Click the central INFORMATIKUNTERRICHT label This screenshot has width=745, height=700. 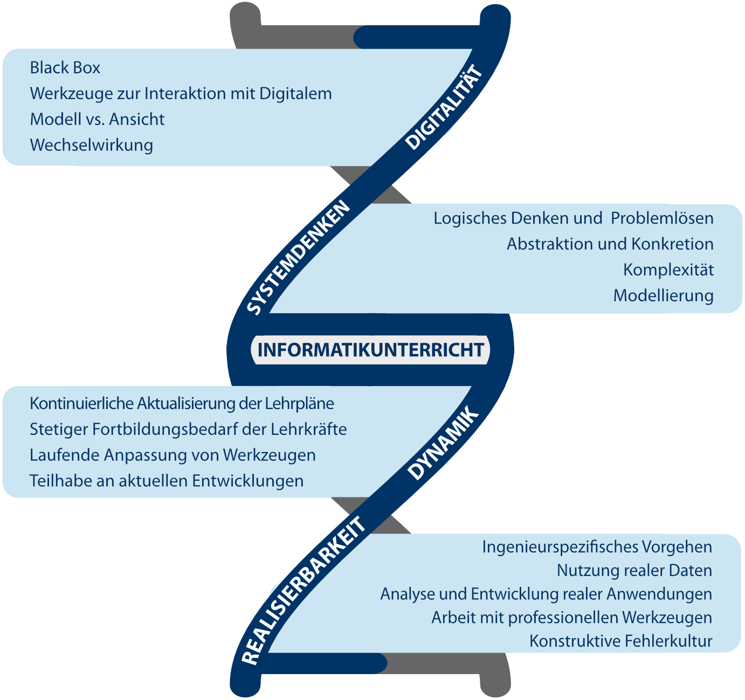tap(370, 350)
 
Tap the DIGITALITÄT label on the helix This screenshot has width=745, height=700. tap(443, 108)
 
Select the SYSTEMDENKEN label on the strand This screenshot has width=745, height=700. tap(298, 258)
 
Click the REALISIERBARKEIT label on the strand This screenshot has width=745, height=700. tap(303, 592)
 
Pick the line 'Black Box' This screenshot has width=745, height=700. tap(65, 68)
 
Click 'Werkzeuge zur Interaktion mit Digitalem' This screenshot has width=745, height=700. tap(181, 94)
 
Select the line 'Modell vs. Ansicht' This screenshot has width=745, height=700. tap(97, 119)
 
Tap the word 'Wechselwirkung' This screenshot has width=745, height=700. tap(92, 145)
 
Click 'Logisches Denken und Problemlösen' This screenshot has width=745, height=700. tap(573, 218)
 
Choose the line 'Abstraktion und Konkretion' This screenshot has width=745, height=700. tap(610, 244)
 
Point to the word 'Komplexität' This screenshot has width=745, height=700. tap(668, 269)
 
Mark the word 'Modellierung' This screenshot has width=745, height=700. tap(663, 295)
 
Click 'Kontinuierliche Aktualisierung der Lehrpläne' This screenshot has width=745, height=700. tap(182, 404)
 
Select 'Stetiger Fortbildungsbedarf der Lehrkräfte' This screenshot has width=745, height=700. tap(188, 429)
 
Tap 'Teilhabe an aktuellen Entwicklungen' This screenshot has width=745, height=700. tap(167, 481)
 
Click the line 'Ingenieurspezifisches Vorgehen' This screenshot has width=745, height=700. tap(597, 547)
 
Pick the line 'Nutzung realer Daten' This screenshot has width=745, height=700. tap(634, 570)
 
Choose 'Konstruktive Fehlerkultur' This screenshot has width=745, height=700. tap(620, 641)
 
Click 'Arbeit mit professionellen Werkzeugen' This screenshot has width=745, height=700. tap(571, 618)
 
